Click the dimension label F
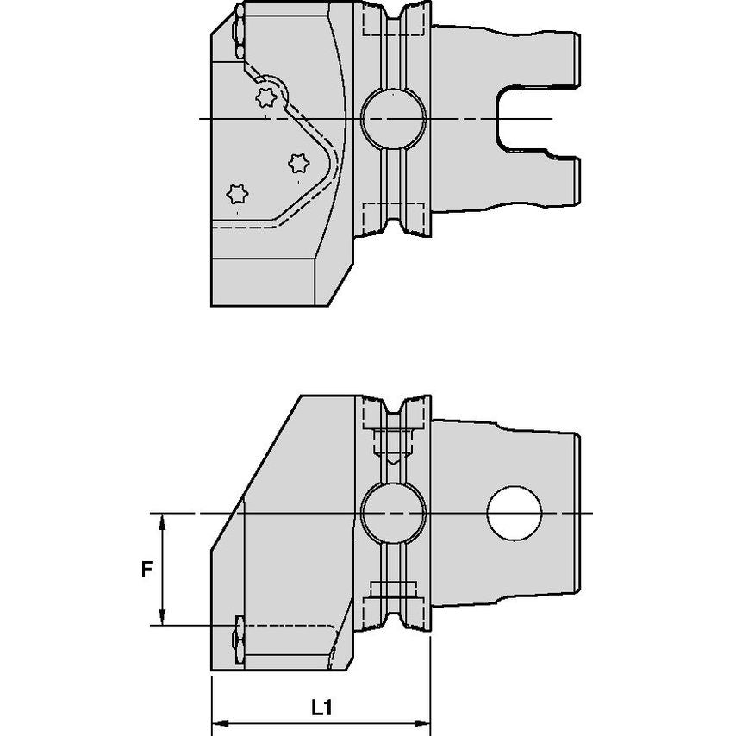tap(147, 569)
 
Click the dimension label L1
tap(321, 708)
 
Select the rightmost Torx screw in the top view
tap(299, 162)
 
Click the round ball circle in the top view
tap(392, 118)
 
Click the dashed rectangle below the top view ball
tap(392, 215)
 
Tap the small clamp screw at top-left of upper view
tap(237, 32)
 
